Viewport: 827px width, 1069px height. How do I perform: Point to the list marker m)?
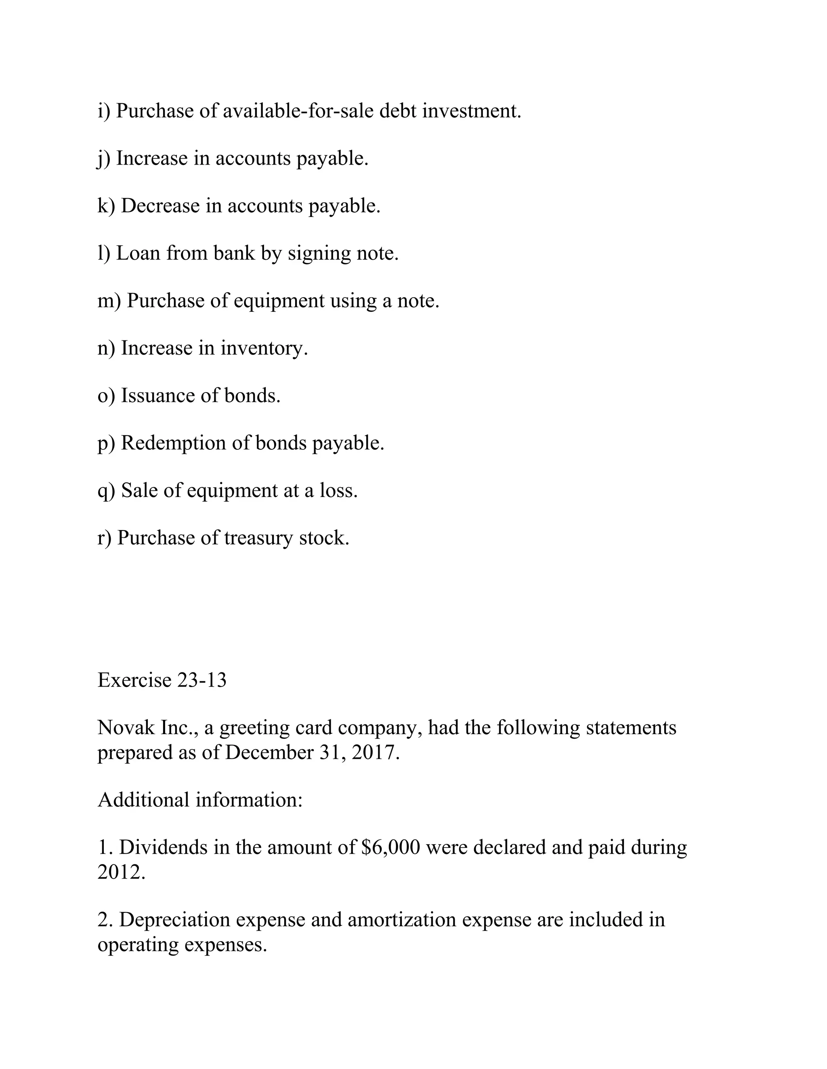[x=109, y=301]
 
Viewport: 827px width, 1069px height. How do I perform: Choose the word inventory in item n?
[x=264, y=349]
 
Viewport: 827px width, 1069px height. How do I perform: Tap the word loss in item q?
[x=338, y=491]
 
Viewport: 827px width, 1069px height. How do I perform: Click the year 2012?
[x=121, y=872]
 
